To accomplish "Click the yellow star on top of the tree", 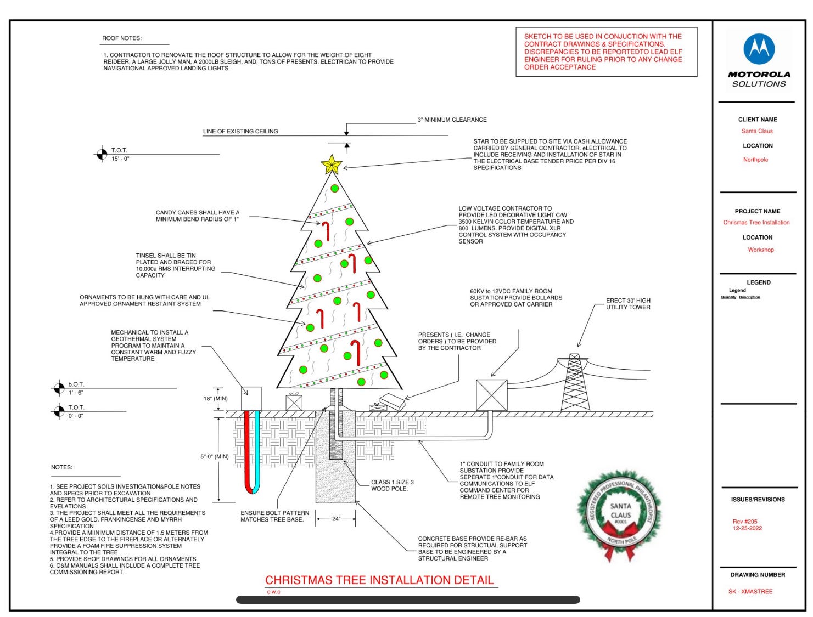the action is click(332, 164).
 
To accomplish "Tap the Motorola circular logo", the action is click(759, 49).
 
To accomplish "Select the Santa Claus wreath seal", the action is click(620, 513).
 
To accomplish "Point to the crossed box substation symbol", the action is click(491, 394).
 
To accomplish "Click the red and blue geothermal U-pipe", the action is click(252, 452).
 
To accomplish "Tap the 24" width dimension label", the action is click(336, 518).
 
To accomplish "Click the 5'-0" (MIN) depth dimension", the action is click(214, 456).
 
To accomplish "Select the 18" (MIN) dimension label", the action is click(215, 399).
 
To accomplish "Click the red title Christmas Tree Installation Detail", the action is click(379, 580).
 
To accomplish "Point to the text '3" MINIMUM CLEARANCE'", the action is click(452, 120).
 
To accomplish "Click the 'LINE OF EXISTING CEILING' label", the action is click(240, 132).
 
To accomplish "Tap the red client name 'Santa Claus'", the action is click(757, 131).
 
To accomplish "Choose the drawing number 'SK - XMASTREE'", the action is click(750, 592).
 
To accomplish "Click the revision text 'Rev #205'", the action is click(745, 522).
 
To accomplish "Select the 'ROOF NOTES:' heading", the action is click(122, 38).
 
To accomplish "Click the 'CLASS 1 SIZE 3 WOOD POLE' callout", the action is click(392, 485).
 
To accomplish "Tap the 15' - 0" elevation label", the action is click(120, 159).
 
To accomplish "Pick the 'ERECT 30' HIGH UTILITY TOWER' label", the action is click(628, 304).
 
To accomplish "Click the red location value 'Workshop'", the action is click(761, 250).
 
